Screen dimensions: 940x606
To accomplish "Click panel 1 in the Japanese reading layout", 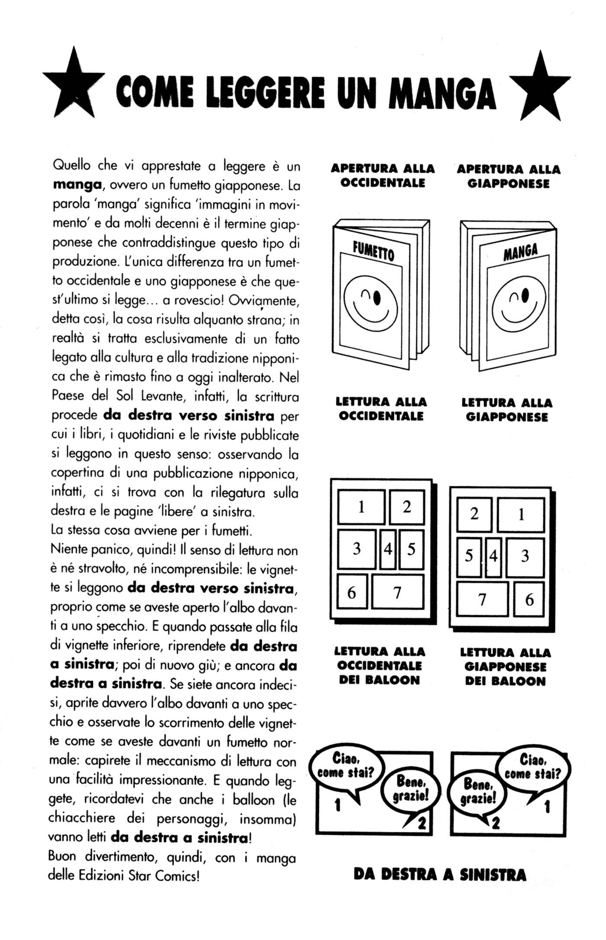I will pos(521,514).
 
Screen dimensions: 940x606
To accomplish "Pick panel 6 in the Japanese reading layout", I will pos(529,600).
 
